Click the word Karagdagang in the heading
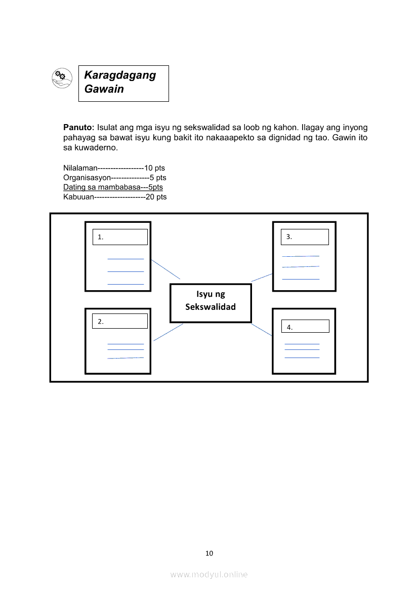point(120,75)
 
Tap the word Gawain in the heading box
point(104,89)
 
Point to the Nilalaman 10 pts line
point(114,168)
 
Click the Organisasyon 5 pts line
point(114,178)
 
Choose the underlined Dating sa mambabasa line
point(113,187)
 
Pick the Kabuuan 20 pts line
point(115,197)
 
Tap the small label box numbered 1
point(120,237)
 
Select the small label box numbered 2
point(120,321)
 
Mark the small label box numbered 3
point(305,237)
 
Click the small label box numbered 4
point(305,327)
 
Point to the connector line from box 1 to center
point(165,269)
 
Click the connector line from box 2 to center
point(168,332)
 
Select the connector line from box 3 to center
point(262,277)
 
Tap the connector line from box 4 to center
point(262,329)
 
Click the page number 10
point(209,553)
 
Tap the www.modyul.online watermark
point(209,575)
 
